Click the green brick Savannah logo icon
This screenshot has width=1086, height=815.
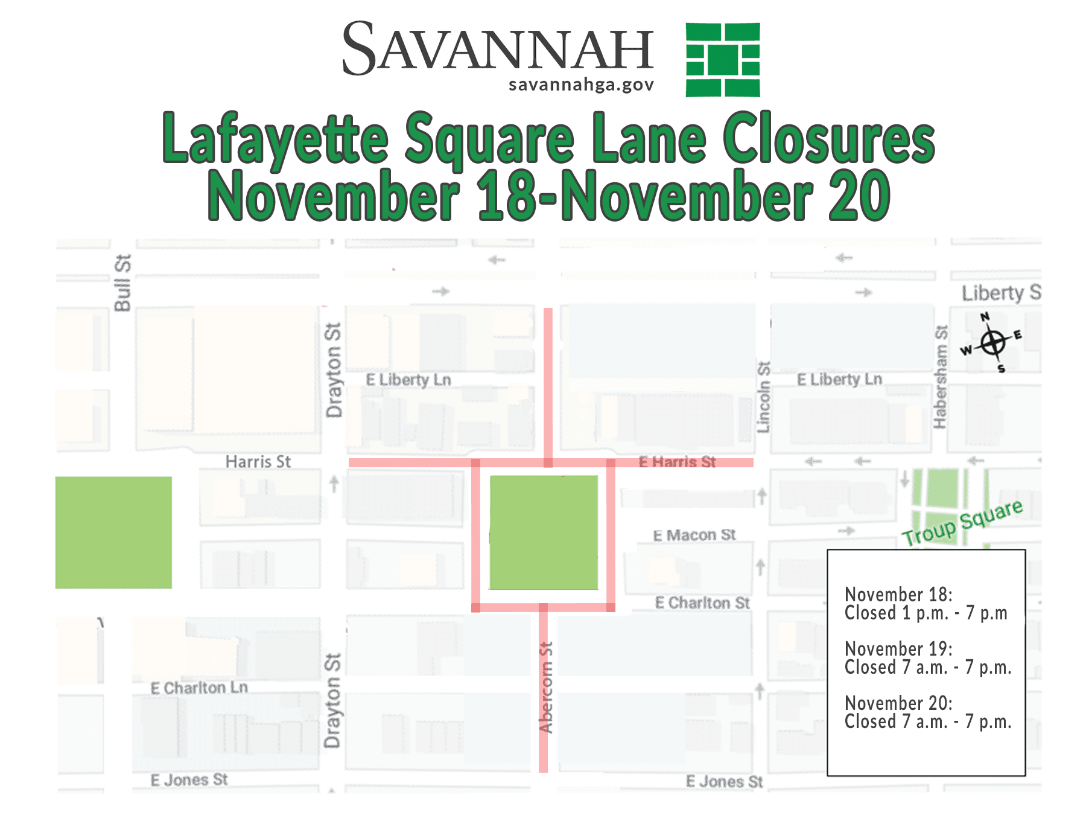722,60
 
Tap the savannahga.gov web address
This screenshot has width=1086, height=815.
581,85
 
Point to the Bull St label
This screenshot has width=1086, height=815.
122,283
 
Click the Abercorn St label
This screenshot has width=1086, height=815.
545,688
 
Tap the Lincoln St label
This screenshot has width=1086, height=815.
764,397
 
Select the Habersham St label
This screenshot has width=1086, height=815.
941,377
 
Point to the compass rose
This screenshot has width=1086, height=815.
992,342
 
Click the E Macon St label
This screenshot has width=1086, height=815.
694,535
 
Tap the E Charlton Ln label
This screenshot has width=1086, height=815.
199,688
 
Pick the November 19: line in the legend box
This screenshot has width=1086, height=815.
898,648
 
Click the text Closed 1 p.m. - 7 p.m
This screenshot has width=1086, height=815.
926,613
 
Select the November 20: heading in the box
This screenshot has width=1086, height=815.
898,703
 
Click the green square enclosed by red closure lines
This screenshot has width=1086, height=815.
544,532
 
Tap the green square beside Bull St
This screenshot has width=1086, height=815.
113,532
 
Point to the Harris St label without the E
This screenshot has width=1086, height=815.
258,462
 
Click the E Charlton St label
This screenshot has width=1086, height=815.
702,603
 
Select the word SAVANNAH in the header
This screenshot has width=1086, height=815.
498,48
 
